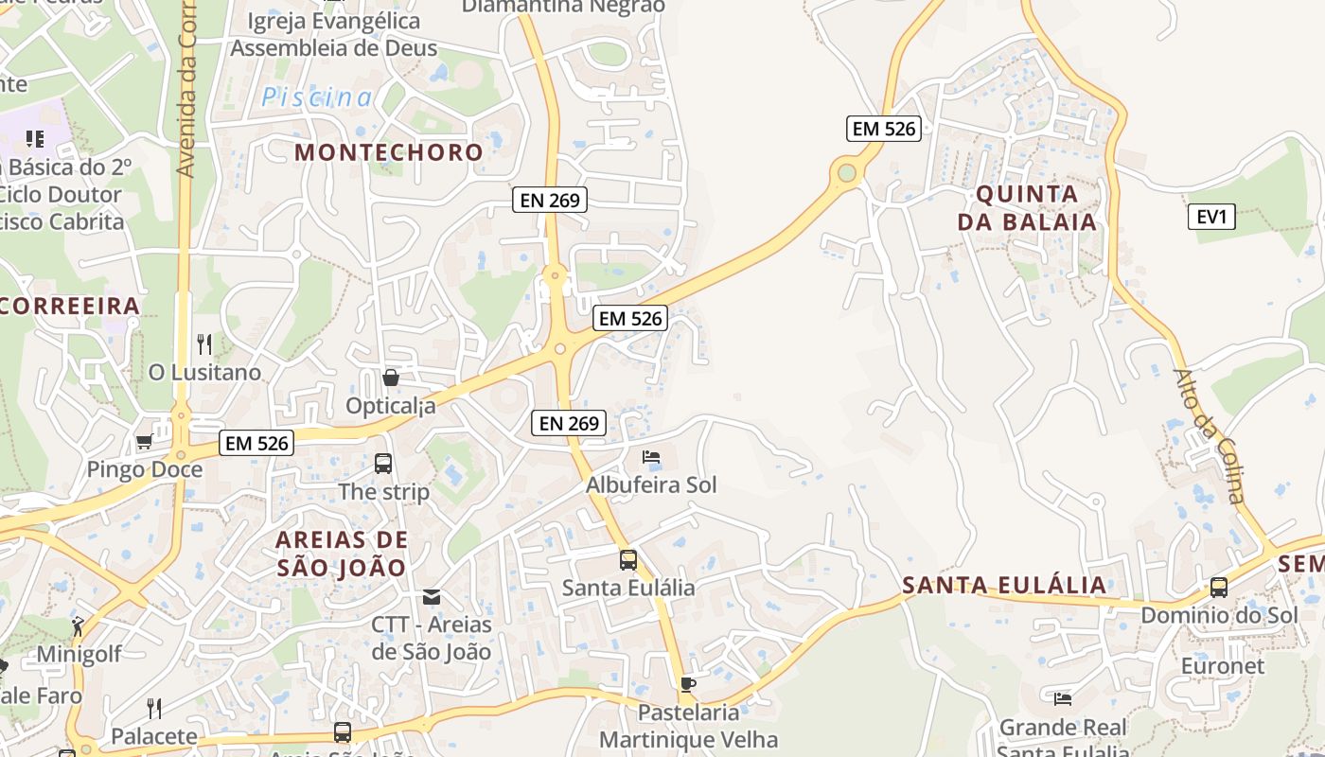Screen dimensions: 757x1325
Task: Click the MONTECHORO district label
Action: point(389,152)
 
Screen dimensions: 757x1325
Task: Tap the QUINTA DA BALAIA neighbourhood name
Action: point(1027,208)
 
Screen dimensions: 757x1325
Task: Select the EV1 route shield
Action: point(1211,217)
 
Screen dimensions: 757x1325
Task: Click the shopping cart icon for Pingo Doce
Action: point(144,441)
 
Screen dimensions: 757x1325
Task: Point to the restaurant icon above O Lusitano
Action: point(204,343)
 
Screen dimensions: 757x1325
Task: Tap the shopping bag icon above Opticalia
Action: point(390,378)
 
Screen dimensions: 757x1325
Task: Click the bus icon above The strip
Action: point(383,463)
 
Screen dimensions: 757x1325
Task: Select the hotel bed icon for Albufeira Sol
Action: point(651,457)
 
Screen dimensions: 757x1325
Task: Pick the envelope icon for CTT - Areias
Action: point(432,596)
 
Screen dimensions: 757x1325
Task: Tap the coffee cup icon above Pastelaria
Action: point(688,683)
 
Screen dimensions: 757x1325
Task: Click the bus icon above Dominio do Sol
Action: point(1219,587)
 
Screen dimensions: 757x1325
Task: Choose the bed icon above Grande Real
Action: point(1063,698)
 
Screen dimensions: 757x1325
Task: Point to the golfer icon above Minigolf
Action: point(78,625)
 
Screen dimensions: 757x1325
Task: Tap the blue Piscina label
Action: point(317,97)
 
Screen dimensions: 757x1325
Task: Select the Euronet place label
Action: point(1222,666)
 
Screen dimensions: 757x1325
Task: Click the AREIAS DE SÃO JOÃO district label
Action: point(342,554)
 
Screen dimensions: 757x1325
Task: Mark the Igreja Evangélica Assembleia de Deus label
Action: point(334,35)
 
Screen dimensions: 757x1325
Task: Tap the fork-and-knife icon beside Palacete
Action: point(154,708)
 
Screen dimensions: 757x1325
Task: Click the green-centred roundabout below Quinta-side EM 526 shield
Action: point(846,173)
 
